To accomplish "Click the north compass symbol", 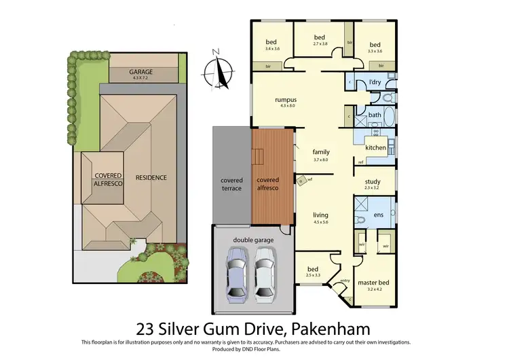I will tap(218, 70).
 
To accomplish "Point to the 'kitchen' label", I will tap(375, 147).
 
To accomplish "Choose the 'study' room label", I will tap(373, 182).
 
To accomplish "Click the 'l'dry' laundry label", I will tap(375, 82).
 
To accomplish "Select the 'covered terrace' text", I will tap(231, 184).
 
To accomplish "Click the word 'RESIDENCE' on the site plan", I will tap(151, 178).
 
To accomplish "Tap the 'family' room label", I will tap(320, 152).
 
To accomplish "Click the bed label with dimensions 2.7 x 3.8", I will tap(320, 37).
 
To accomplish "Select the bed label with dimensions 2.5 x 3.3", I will tap(313, 270).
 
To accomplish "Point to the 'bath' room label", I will tap(375, 115).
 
